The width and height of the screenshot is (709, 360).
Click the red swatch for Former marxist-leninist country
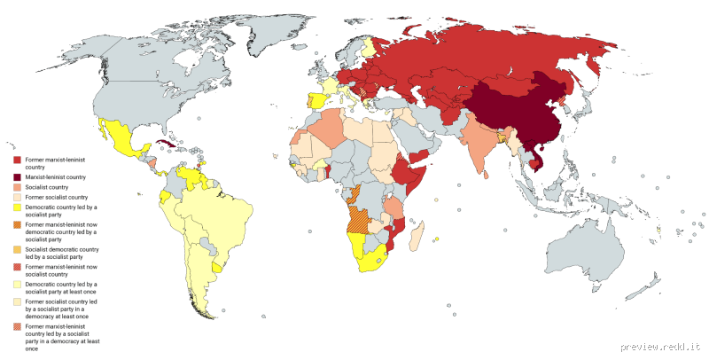pos(17,158)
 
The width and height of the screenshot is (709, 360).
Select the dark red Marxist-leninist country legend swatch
pos(17,176)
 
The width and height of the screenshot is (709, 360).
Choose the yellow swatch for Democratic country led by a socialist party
pos(17,206)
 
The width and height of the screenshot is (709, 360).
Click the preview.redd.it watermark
pos(660,346)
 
